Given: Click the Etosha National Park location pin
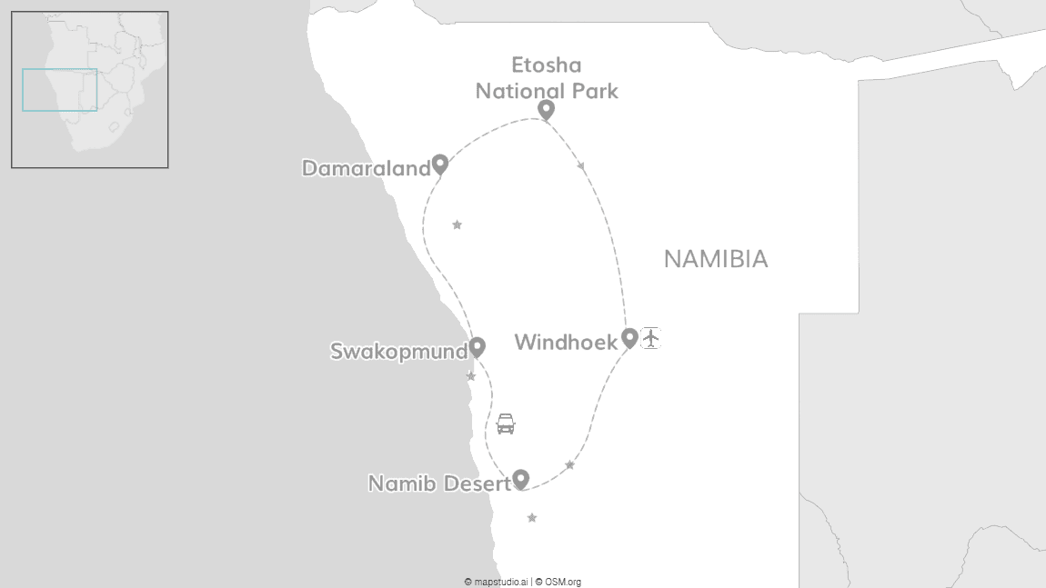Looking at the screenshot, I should pos(546,110).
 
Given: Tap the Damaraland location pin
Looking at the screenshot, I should pos(440,164).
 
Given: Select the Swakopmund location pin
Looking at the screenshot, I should pos(477,347).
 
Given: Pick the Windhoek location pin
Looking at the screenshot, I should pos(629,338).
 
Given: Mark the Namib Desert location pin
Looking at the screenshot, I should pos(521,479).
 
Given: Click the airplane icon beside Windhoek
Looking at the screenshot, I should pos(650,338).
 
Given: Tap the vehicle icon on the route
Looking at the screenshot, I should pos(506,424).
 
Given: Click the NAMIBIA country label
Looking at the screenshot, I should pos(715,260).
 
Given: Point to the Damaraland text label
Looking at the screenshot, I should pos(366,169).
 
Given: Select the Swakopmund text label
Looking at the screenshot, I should pos(398,352).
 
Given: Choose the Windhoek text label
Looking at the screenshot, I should pos(566,343).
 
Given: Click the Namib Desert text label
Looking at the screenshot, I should pos(439,484).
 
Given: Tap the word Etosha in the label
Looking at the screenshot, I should pos(546,65).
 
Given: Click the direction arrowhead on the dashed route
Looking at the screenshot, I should pos(581,166).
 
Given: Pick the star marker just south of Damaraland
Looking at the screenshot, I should pos(457,224).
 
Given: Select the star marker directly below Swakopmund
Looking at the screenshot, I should pos(470,376).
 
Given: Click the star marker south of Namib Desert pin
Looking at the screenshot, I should pos(532,518).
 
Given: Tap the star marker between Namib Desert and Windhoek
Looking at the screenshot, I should pos(569,465).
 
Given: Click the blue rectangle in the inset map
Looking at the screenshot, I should pos(59,90).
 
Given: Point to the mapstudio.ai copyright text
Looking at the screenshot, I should pos(497,582).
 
